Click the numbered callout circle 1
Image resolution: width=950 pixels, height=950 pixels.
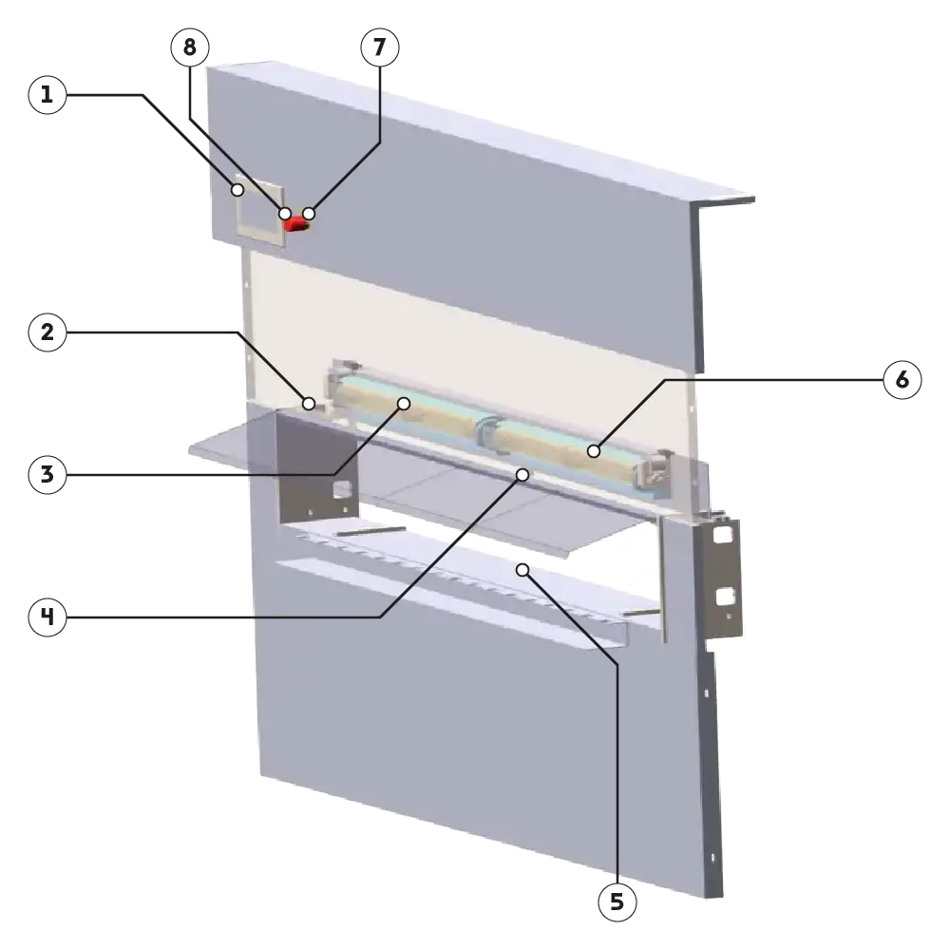coord(47,95)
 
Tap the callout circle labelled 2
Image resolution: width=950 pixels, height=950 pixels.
coord(47,332)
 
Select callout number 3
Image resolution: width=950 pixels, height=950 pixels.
coord(47,475)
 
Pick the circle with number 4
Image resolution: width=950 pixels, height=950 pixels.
coord(47,617)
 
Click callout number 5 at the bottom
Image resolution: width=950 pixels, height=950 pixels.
coord(617,902)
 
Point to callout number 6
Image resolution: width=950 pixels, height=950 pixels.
coord(902,380)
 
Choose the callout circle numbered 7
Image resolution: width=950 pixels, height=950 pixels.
coord(379,47)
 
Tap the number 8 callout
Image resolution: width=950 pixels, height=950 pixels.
coord(190,47)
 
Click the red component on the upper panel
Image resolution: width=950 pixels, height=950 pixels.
coord(296,223)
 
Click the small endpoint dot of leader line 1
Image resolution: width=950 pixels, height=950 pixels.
coord(238,190)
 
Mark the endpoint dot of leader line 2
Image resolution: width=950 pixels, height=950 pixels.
coord(309,403)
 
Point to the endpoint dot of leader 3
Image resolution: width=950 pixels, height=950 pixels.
coord(404,404)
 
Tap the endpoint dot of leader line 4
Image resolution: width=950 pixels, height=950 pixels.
coord(522,473)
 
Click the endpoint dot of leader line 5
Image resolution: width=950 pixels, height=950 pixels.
coord(522,569)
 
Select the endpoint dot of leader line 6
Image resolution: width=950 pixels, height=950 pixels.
coord(594,451)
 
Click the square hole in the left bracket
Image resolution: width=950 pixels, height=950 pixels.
coord(341,489)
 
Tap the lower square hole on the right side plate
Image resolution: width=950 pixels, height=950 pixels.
coord(726,597)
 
